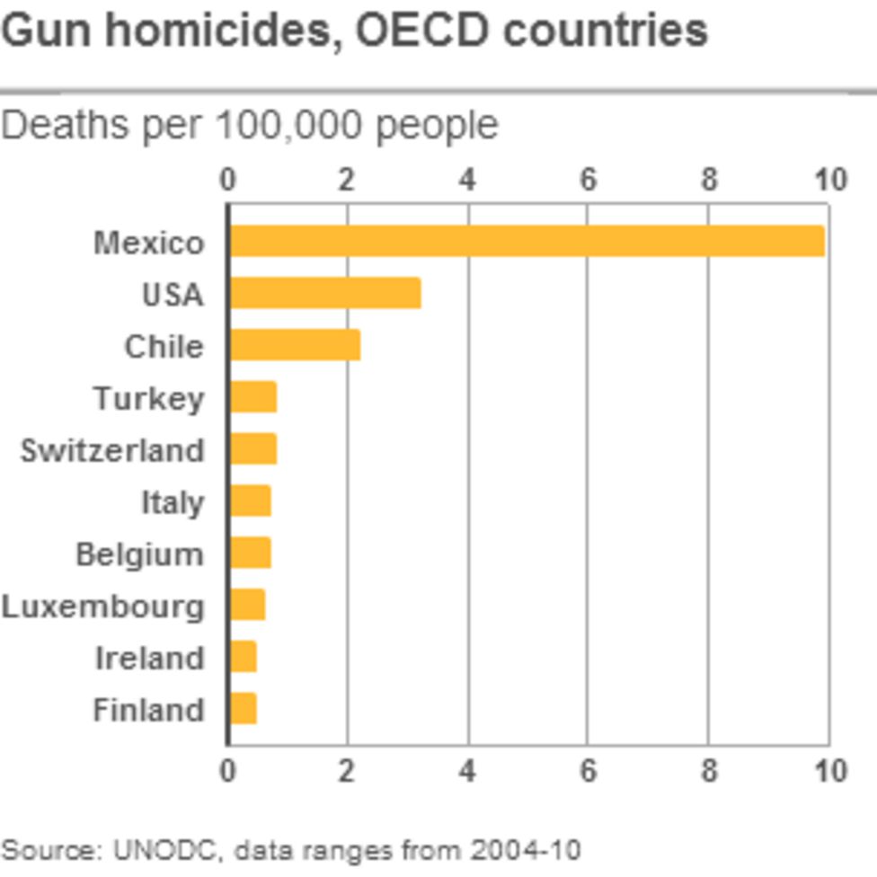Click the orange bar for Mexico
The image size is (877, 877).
(527, 242)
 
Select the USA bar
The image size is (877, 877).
(324, 294)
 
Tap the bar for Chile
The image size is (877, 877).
(295, 346)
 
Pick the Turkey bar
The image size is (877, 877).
(252, 397)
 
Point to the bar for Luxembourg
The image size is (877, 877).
(247, 606)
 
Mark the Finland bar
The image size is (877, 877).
(243, 709)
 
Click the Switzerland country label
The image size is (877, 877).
(112, 450)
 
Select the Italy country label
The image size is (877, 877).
(173, 502)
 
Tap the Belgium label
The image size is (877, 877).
(139, 554)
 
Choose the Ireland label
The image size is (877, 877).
(150, 658)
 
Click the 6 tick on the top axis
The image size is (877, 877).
(588, 180)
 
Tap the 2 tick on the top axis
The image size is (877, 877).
(348, 180)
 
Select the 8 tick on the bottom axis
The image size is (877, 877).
(709, 771)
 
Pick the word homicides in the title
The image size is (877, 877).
(226, 31)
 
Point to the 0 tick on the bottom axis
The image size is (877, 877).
(228, 771)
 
